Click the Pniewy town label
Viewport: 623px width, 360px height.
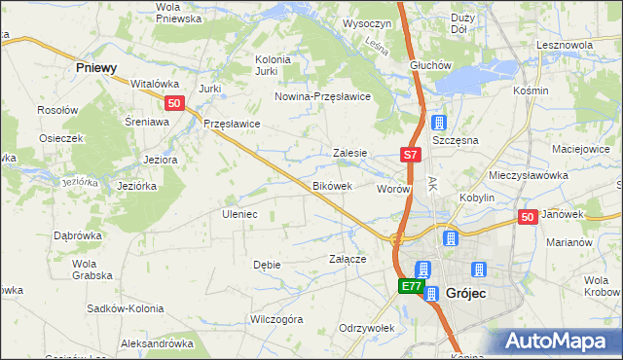[x=96, y=68]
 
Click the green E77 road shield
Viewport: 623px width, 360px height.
[x=411, y=286]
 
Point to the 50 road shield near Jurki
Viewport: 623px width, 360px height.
[x=173, y=103]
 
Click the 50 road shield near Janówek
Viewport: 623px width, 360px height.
[x=528, y=218]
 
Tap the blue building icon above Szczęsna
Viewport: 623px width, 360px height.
[x=439, y=124]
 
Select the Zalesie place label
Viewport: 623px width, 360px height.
[x=349, y=153]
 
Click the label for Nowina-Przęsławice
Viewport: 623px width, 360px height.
[x=323, y=96]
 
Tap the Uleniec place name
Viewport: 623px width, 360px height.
[x=239, y=213]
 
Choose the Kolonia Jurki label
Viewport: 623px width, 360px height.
[x=274, y=64]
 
